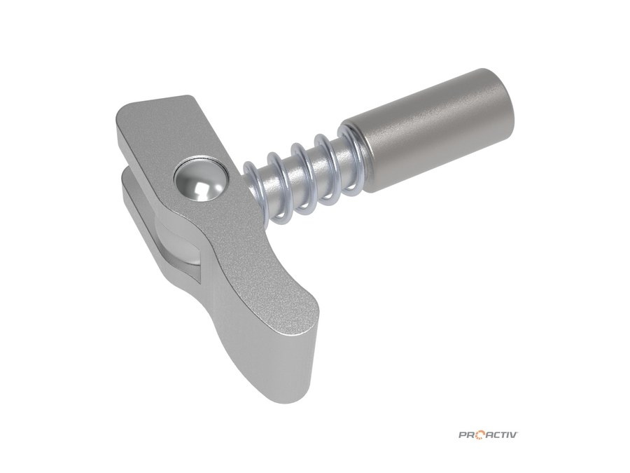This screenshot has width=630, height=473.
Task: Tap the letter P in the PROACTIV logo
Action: click(x=463, y=434)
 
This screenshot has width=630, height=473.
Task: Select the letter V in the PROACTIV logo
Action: click(x=513, y=434)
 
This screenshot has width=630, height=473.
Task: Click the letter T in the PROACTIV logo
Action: click(x=501, y=434)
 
